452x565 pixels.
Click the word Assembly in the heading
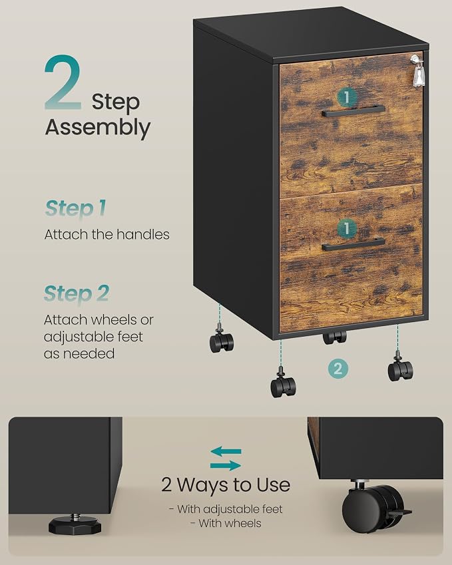click(x=98, y=128)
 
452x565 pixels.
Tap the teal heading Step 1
click(x=76, y=208)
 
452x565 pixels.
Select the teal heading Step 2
click(x=77, y=293)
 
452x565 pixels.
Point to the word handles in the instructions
click(x=142, y=234)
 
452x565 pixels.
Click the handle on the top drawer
click(x=353, y=110)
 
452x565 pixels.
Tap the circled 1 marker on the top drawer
click(x=347, y=97)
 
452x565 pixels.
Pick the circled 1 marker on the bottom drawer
click(x=347, y=228)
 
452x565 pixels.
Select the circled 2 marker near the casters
click(x=338, y=369)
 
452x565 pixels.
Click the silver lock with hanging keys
click(x=418, y=71)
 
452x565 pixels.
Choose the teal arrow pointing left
click(x=226, y=451)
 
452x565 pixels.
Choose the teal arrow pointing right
click(x=226, y=466)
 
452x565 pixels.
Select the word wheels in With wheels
click(x=242, y=523)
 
